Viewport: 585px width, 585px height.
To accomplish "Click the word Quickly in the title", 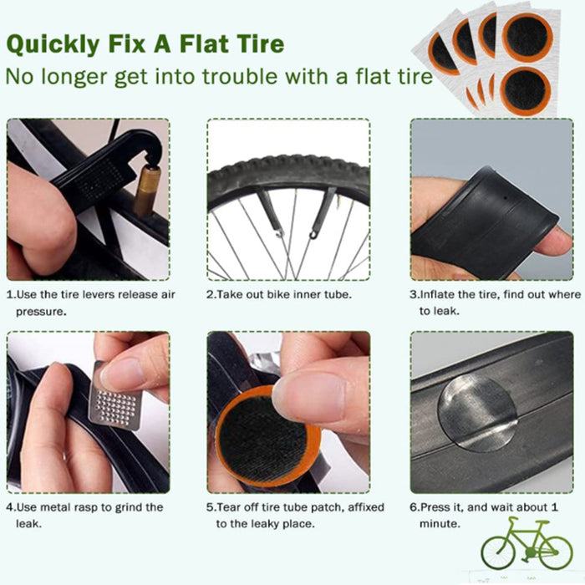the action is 53,45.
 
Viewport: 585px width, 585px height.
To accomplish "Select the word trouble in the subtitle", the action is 240,76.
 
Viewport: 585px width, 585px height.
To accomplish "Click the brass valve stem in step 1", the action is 147,191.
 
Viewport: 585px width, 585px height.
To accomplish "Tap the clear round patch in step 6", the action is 477,412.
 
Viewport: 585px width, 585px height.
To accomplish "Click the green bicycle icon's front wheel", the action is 556,552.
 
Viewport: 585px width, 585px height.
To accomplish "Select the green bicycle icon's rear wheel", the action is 498,552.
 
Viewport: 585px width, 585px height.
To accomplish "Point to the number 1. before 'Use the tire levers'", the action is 11,295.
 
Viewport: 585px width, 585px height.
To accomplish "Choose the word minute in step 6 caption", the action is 440,524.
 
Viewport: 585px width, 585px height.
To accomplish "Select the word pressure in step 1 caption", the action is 40,312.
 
